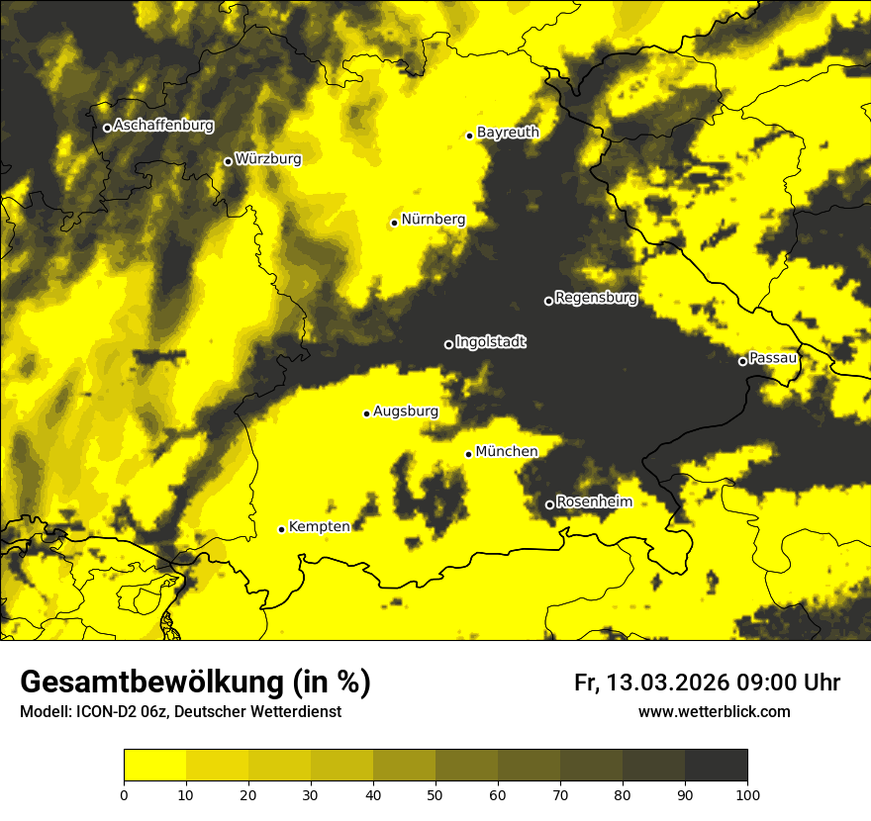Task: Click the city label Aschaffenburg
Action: pyautogui.click(x=163, y=126)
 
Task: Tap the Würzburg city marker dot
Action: pyautogui.click(x=228, y=161)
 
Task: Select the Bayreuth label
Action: pyautogui.click(x=508, y=133)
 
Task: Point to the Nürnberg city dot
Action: pyautogui.click(x=394, y=223)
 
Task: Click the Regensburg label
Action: pyautogui.click(x=596, y=298)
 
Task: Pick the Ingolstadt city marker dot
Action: pyautogui.click(x=448, y=344)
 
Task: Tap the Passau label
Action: pyautogui.click(x=773, y=358)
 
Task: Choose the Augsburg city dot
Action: pyautogui.click(x=366, y=413)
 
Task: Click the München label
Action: pyautogui.click(x=507, y=452)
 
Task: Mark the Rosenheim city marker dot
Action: pyautogui.click(x=549, y=504)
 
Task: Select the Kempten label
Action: pyautogui.click(x=319, y=527)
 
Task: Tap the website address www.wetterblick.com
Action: pyautogui.click(x=714, y=711)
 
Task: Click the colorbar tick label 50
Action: pyautogui.click(x=435, y=793)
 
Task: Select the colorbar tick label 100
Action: pyautogui.click(x=746, y=793)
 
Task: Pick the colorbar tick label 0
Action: pyautogui.click(x=124, y=793)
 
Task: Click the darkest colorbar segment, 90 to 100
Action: pyautogui.click(x=716, y=766)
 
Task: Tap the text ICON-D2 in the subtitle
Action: pyautogui.click(x=103, y=712)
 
